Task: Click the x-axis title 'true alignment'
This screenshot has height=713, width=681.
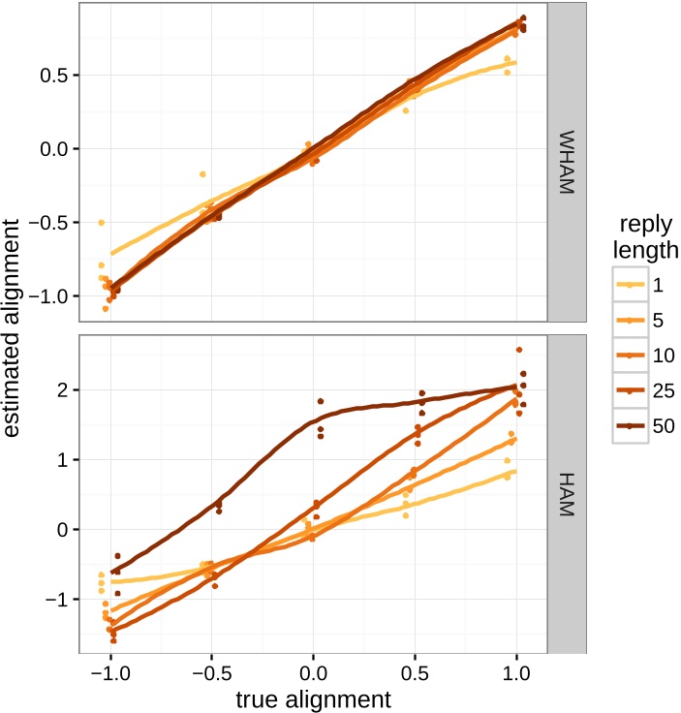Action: [x=313, y=697]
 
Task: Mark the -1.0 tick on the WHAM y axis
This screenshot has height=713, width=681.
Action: [x=50, y=295]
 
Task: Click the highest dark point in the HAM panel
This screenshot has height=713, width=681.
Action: [x=519, y=350]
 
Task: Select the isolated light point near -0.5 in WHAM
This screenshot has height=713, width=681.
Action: [x=202, y=174]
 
